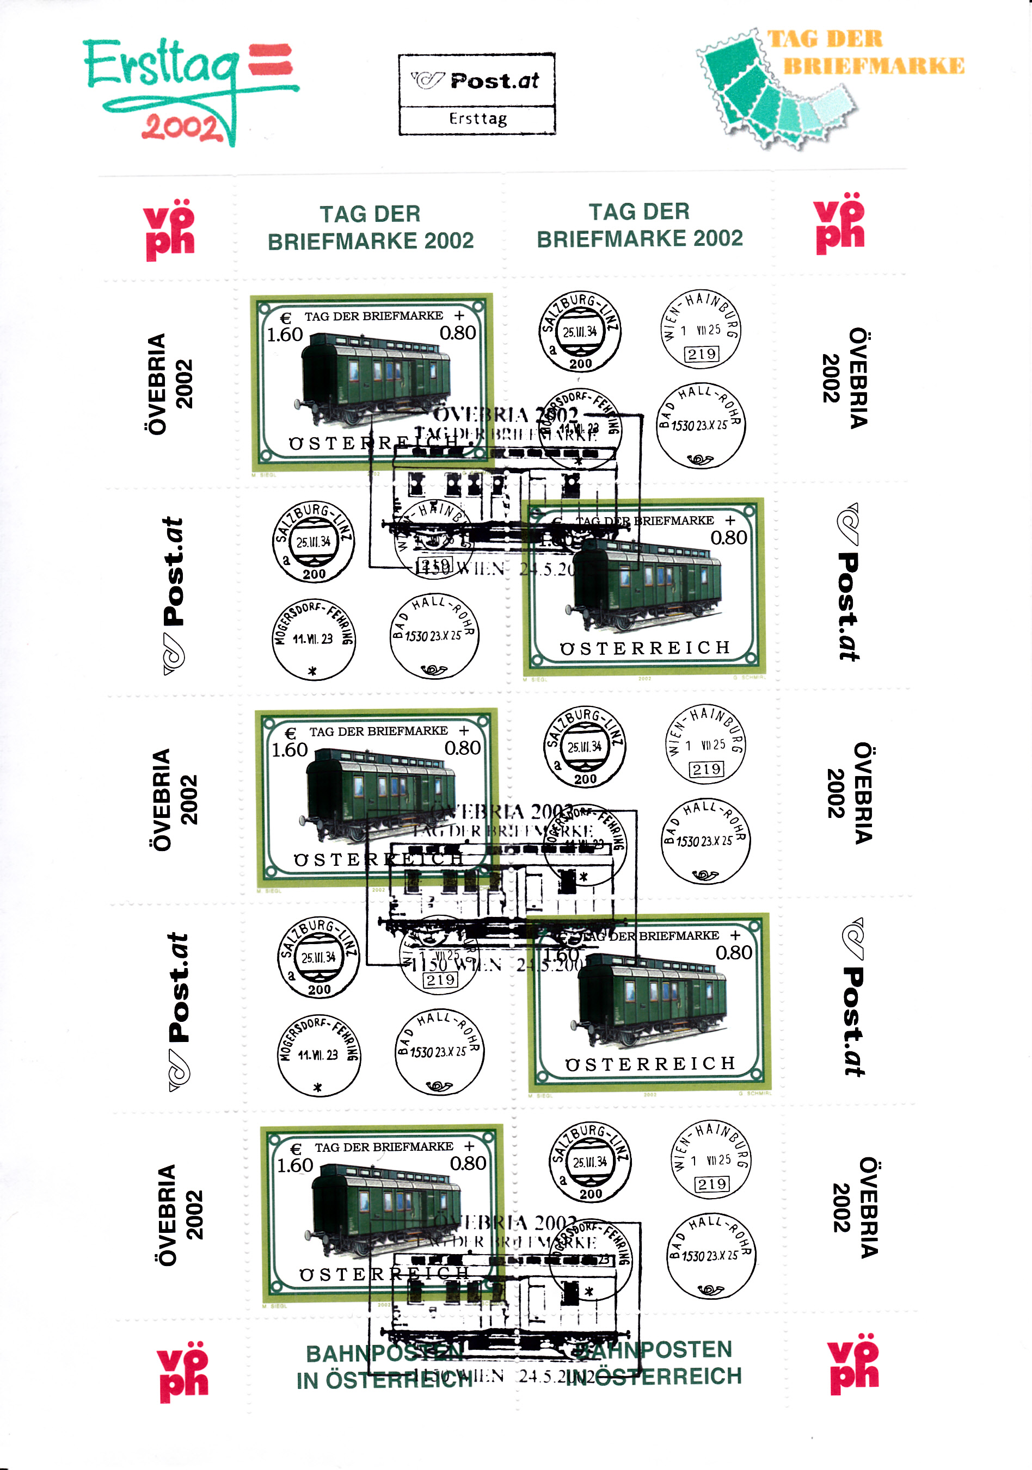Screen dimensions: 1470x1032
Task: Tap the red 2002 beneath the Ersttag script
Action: [x=182, y=127]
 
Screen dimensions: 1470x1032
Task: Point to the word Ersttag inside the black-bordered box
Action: [x=478, y=119]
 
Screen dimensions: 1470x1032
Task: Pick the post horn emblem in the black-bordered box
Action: [x=427, y=80]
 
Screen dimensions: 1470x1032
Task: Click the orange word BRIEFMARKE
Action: [x=873, y=66]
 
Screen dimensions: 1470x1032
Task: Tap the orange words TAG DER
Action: [x=825, y=39]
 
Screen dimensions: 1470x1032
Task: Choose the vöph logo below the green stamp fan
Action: [x=839, y=224]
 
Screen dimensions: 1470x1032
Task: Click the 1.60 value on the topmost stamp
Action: [x=285, y=335]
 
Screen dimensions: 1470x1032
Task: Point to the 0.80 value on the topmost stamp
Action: [x=457, y=333]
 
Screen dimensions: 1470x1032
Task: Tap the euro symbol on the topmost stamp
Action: [x=286, y=318]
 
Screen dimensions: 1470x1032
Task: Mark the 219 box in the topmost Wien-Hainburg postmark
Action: [x=702, y=354]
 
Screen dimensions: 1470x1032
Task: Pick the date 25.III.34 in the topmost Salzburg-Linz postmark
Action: [x=579, y=332]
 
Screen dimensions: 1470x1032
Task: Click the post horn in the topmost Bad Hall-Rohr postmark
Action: [x=699, y=459]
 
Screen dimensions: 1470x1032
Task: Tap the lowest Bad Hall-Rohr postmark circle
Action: [x=711, y=1257]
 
